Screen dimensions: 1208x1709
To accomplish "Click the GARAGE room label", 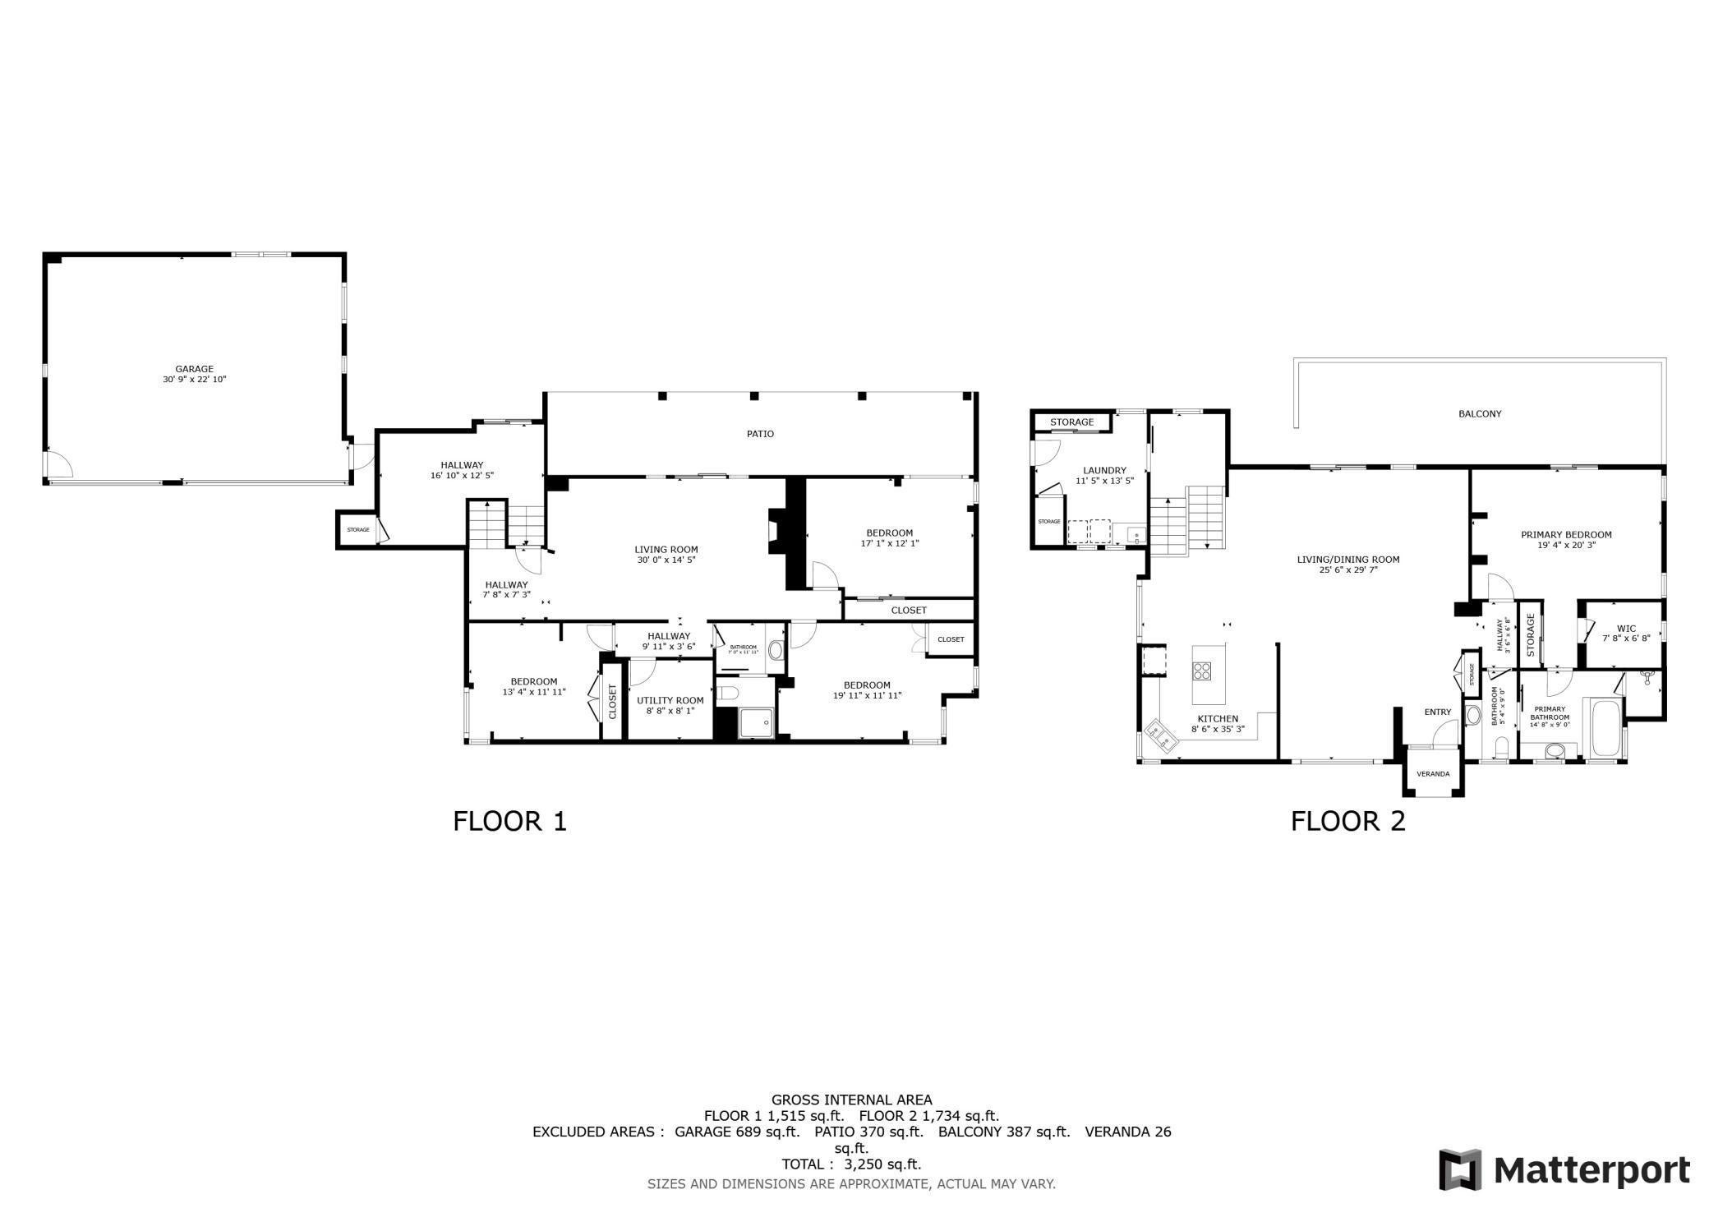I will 194,369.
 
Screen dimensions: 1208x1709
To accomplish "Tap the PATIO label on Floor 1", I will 760,434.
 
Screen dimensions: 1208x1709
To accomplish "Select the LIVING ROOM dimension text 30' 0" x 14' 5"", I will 666,560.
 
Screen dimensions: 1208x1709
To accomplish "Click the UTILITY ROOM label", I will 670,700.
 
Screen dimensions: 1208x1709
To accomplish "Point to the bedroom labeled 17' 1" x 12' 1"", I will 889,537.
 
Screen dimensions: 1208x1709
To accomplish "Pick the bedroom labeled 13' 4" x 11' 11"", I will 534,687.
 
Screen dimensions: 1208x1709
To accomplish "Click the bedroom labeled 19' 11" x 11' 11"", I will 867,690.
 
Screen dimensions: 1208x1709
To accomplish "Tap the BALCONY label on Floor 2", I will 1480,414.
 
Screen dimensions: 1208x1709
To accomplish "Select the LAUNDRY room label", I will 1104,471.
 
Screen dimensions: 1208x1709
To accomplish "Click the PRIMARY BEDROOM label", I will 1566,534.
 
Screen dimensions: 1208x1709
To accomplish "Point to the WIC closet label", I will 1626,629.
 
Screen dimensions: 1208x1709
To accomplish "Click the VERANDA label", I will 1433,774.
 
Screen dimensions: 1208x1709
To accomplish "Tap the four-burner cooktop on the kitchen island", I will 1203,671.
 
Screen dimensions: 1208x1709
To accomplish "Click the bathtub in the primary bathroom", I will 1606,728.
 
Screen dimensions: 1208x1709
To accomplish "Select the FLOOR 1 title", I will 509,821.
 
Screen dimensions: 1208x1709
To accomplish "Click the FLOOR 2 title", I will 1347,821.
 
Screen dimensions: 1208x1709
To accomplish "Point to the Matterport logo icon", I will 1460,1169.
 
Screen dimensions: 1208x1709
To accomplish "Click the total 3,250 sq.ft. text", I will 851,1164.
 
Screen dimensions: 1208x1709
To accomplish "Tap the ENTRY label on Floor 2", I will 1438,712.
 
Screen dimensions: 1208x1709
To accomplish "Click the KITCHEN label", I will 1218,718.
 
